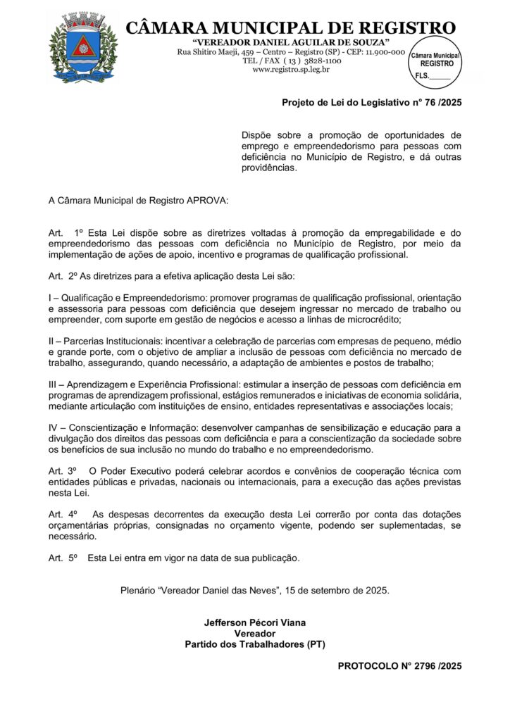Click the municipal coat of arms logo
tap(77, 48)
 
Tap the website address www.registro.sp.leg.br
tap(291, 70)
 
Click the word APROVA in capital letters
tap(207, 201)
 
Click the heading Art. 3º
tap(62, 470)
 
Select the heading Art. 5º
tap(62, 558)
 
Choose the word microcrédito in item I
tap(371, 319)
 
